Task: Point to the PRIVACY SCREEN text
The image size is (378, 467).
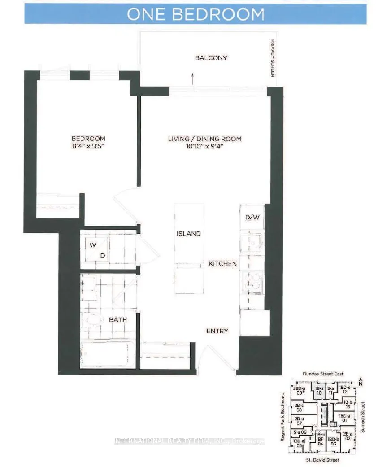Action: click(x=272, y=58)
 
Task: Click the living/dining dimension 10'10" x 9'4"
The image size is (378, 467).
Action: click(x=204, y=146)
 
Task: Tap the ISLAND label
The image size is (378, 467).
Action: click(x=189, y=234)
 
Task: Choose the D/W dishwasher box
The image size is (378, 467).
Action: click(x=252, y=218)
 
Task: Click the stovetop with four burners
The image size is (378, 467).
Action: click(x=252, y=283)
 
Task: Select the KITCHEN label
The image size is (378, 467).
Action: click(x=222, y=264)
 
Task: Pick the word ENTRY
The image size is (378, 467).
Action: click(x=217, y=331)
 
